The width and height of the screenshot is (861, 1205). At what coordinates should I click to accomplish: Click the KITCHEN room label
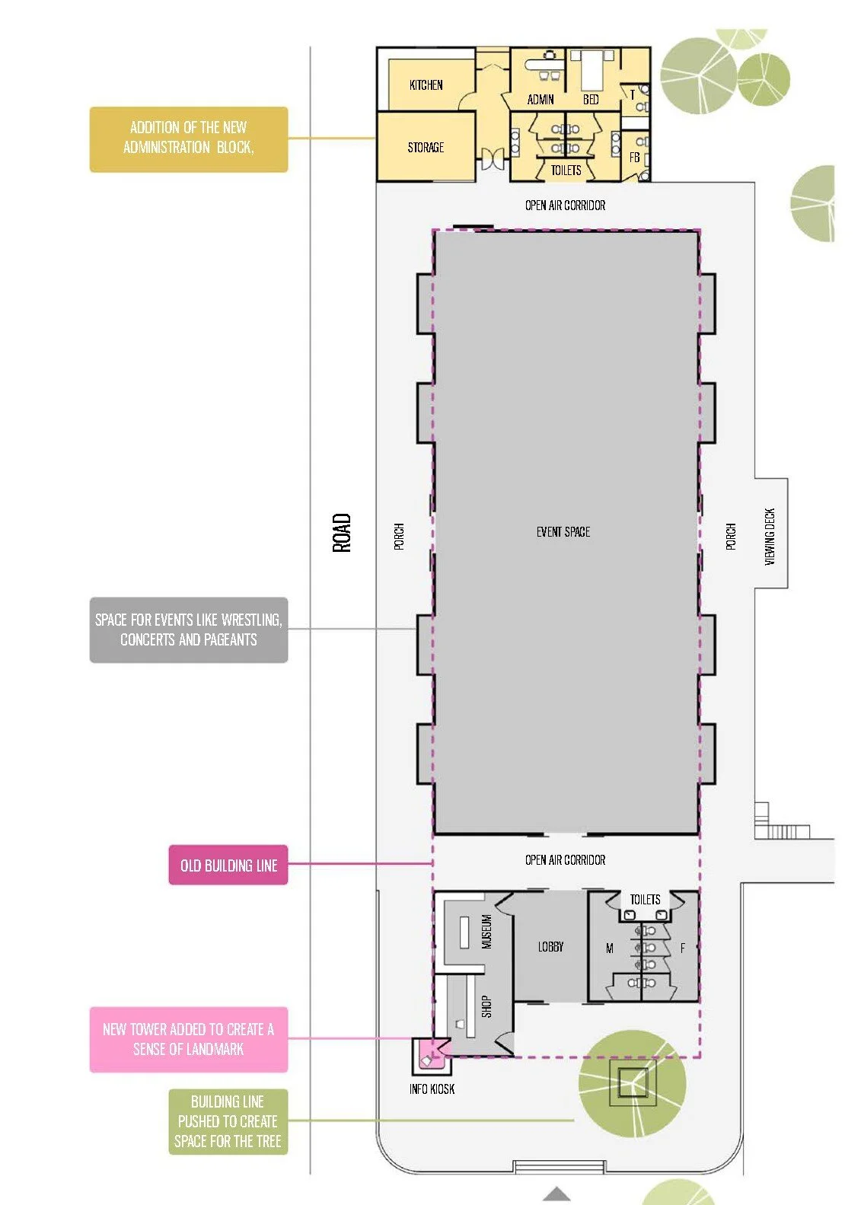pyautogui.click(x=426, y=85)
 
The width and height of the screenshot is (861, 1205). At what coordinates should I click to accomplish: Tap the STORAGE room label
pyautogui.click(x=426, y=148)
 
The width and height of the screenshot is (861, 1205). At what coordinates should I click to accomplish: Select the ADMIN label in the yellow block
pyautogui.click(x=541, y=100)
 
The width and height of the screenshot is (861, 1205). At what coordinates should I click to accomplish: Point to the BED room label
pyautogui.click(x=590, y=100)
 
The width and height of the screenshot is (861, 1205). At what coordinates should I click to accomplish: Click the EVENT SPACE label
pyautogui.click(x=563, y=532)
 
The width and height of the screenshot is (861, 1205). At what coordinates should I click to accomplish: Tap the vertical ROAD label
pyautogui.click(x=342, y=533)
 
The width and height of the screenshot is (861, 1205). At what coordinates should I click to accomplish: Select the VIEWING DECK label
pyautogui.click(x=770, y=537)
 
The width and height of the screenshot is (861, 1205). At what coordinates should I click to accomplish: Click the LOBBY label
pyautogui.click(x=550, y=947)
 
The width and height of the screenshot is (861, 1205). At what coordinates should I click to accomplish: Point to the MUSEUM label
pyautogui.click(x=486, y=932)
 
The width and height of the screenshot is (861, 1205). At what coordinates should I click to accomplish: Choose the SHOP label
pyautogui.click(x=486, y=1006)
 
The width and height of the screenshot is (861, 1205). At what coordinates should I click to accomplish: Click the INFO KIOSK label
pyautogui.click(x=432, y=1089)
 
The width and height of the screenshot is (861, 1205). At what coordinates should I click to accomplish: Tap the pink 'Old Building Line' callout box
pyautogui.click(x=228, y=865)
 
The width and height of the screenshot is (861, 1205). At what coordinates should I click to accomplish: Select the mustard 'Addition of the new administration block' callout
pyautogui.click(x=188, y=139)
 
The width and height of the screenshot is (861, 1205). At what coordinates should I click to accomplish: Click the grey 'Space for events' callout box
pyautogui.click(x=188, y=630)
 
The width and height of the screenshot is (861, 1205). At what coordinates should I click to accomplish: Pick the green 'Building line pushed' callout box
pyautogui.click(x=228, y=1121)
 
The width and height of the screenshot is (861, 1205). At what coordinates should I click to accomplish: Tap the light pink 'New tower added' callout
pyautogui.click(x=188, y=1040)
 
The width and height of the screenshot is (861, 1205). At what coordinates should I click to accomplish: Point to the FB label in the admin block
pyautogui.click(x=634, y=157)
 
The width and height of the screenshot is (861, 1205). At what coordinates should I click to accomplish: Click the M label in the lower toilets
pyautogui.click(x=610, y=948)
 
